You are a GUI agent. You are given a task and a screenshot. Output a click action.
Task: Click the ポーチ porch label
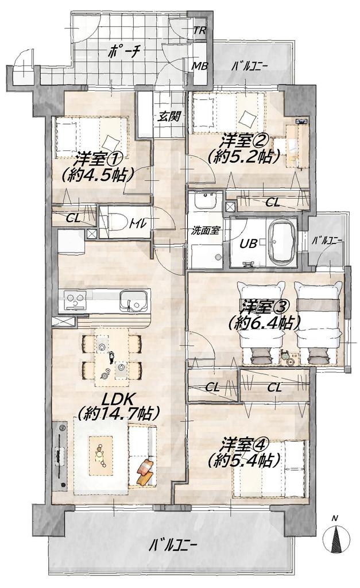(x=123, y=52)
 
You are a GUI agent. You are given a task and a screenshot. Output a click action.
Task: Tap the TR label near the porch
(x=199, y=31)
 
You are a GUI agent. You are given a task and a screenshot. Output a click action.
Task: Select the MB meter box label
(x=200, y=66)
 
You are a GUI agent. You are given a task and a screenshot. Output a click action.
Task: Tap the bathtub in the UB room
(x=282, y=242)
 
